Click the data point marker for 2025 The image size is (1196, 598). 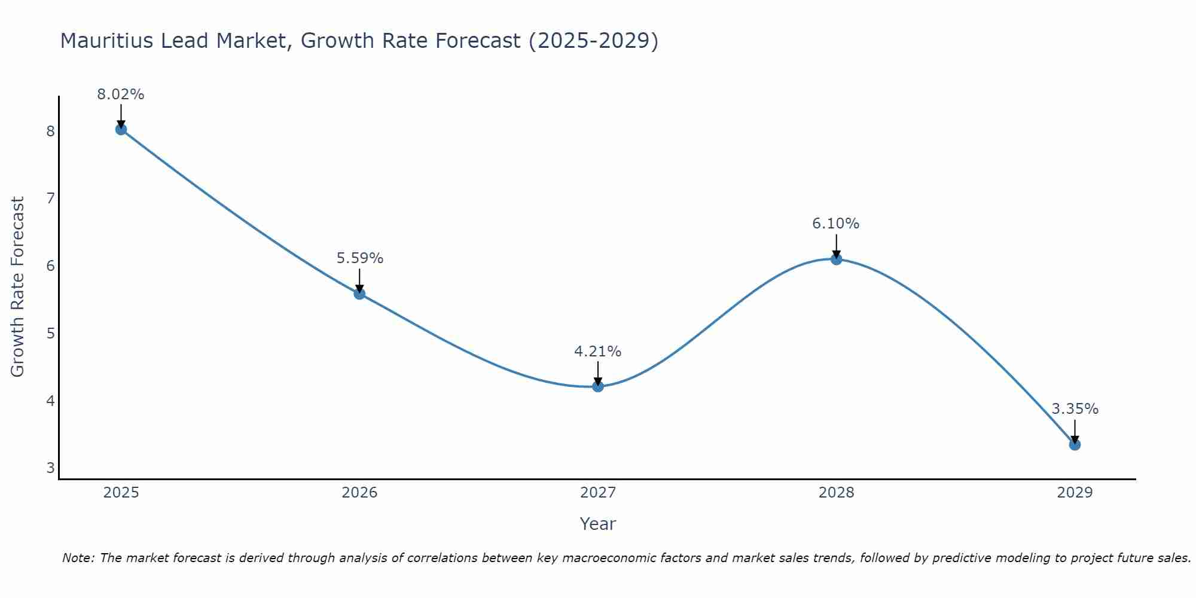coord(121,129)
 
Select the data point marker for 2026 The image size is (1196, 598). coord(359,294)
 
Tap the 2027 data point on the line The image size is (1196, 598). coord(598,386)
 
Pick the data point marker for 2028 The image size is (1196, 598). coord(836,259)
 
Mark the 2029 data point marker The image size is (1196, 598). coord(1075,444)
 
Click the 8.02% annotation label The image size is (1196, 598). coord(121,94)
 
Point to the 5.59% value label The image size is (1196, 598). coord(359,258)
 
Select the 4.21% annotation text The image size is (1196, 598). coord(598,352)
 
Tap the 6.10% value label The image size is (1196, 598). coord(836,224)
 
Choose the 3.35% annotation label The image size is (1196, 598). coord(1075,409)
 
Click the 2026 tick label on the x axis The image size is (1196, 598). coord(359,493)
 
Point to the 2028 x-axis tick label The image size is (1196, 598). coord(836,493)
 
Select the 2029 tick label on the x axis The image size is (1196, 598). coord(1075,493)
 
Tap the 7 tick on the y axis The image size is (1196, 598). coord(50,198)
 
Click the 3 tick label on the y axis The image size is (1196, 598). coord(50,468)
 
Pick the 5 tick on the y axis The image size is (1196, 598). coord(50,333)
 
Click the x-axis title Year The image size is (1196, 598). coord(598,524)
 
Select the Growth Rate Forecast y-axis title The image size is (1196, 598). coord(18,287)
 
